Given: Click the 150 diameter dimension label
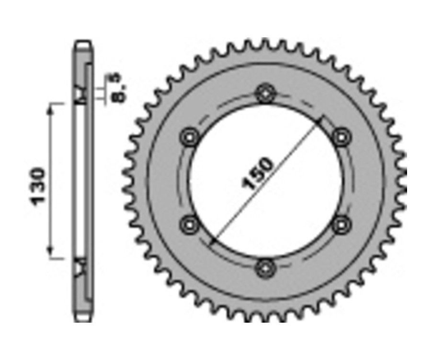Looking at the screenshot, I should click(259, 173).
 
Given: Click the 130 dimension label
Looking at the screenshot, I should click(38, 186).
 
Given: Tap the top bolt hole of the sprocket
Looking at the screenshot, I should click(265, 93).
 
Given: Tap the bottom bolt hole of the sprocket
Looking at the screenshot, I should click(265, 269).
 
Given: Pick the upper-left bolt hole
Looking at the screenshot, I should click(189, 137).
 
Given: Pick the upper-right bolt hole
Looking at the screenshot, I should click(341, 137).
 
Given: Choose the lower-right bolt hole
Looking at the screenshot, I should click(340, 224).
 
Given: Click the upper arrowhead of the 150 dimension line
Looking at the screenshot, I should click(319, 120).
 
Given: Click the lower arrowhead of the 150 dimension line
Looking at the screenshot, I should click(213, 239).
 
